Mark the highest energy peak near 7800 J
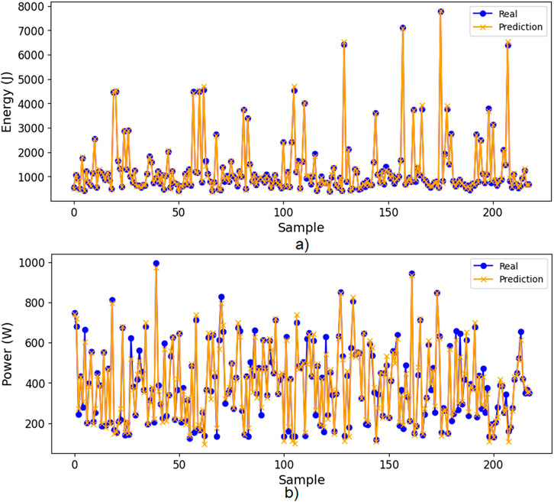tap(441, 11)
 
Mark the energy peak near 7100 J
tap(403, 28)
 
